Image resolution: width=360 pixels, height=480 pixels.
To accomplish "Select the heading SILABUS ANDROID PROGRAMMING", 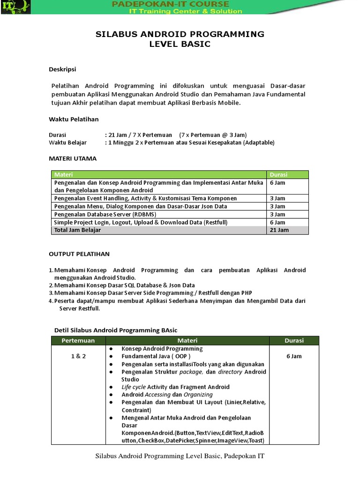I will pyautogui.click(x=180, y=34).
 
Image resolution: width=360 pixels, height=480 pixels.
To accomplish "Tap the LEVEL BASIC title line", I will pyautogui.click(x=180, y=45).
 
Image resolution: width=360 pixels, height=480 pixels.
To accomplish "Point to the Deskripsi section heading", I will pyautogui.click(x=62, y=69).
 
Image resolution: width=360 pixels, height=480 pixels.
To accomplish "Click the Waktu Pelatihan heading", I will pyautogui.click(x=74, y=119).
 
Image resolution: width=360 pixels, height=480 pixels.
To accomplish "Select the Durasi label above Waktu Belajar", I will pyautogui.click(x=58, y=135).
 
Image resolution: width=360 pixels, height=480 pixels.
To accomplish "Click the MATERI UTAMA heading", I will pyautogui.click(x=73, y=158).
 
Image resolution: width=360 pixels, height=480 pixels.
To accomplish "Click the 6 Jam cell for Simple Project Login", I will pyautogui.click(x=277, y=222).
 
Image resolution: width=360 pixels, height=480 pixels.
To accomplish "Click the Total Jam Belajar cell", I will pyautogui.click(x=77, y=230).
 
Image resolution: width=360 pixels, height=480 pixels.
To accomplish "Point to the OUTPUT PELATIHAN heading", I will pyautogui.click(x=79, y=254).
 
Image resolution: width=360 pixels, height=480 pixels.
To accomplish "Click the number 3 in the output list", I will pyautogui.click(x=51, y=293).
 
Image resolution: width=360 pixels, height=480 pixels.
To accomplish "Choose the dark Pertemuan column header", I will pyautogui.click(x=78, y=341).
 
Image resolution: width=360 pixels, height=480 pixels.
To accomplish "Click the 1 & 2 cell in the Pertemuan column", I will pyautogui.click(x=78, y=356).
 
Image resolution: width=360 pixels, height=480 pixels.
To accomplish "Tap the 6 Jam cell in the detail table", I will pyautogui.click(x=294, y=356).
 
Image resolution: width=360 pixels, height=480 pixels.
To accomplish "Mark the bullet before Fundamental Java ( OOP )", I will pyautogui.click(x=111, y=357).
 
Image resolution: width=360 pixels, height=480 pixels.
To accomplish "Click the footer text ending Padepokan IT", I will pyautogui.click(x=180, y=456).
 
